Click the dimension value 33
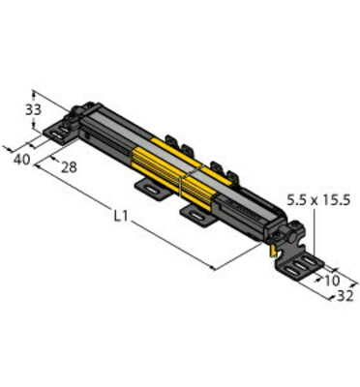[33, 110]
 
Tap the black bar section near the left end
[102, 131]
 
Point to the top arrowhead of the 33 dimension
[35, 87]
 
